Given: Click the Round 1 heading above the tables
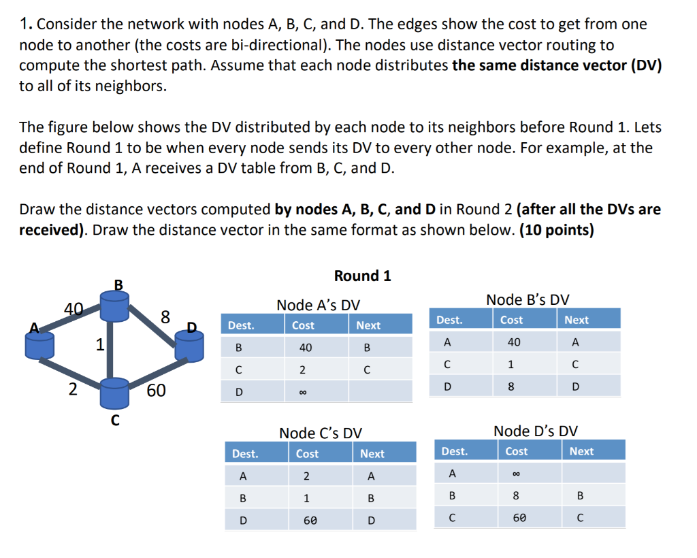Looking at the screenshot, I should point(362,276).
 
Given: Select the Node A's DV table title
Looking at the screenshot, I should point(318,306).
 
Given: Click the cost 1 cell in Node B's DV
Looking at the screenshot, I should point(510,364).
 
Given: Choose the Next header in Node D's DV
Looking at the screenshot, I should point(581,451).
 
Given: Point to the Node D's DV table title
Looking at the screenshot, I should point(535,431).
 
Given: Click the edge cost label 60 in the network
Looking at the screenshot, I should point(155,390).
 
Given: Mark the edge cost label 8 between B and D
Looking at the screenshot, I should point(165,316).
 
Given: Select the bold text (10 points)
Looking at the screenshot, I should point(556,230).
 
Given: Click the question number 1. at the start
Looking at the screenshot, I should point(27,25).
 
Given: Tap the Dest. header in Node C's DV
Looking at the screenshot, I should point(245,454).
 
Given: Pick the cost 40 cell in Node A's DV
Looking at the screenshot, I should point(305,348).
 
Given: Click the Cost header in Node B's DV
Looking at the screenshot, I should point(511,320).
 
